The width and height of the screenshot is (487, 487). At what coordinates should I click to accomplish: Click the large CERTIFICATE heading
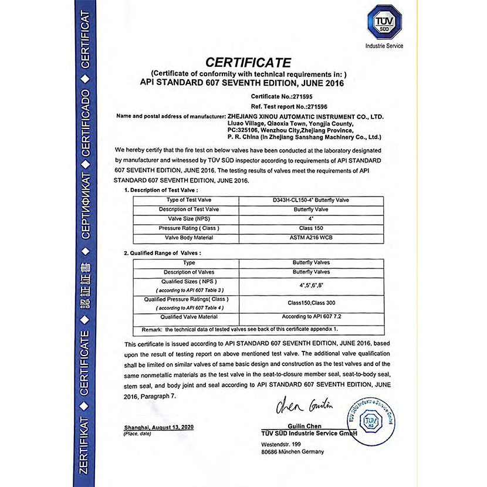tap(247, 62)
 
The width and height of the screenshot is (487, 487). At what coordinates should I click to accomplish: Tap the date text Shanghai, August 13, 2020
tap(158, 427)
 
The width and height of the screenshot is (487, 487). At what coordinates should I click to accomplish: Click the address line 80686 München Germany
tap(292, 452)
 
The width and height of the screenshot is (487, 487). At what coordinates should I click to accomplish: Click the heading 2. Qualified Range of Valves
tap(163, 253)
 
